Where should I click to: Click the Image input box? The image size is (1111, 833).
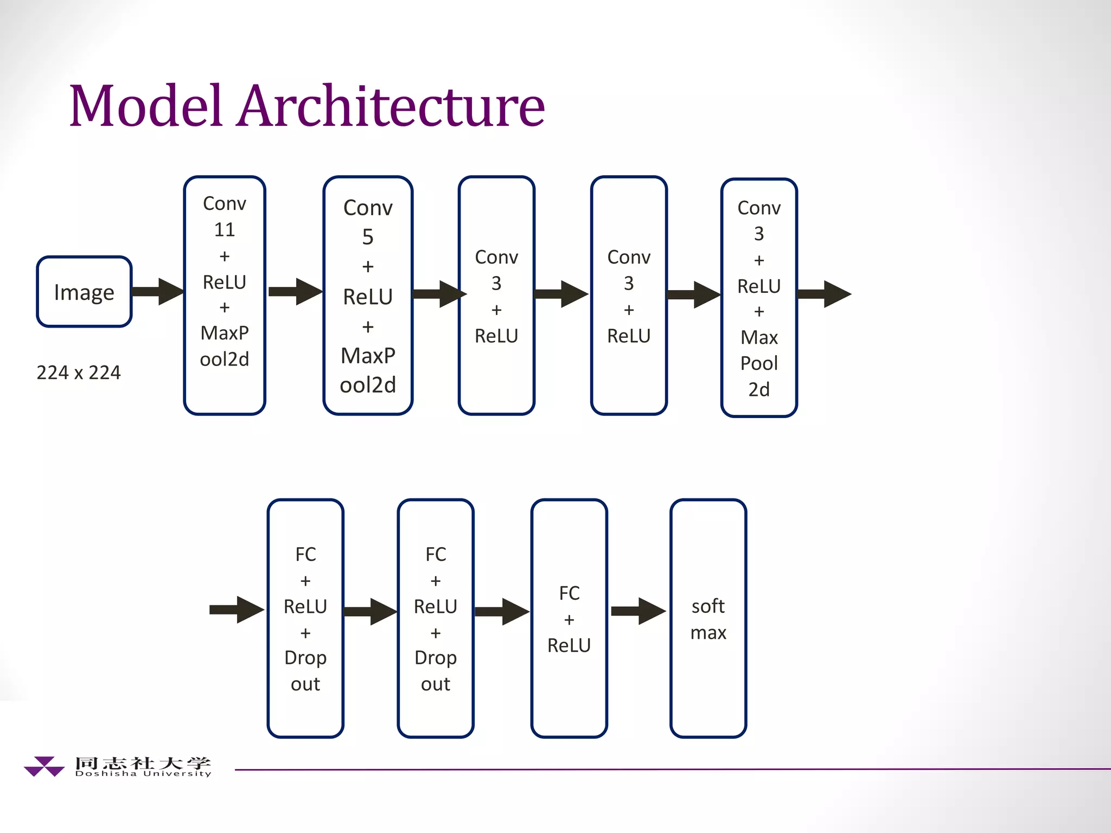tap(84, 292)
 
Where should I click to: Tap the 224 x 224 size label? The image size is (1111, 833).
tap(79, 373)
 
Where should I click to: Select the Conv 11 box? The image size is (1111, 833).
tap(225, 296)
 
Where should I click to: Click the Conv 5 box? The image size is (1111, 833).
tap(368, 296)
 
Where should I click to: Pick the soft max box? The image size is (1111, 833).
tap(708, 618)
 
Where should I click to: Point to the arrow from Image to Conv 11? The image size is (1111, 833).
tap(157, 292)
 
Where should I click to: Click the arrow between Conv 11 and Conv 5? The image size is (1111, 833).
tap(295, 292)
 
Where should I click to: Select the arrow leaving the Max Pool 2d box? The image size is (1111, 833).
tap(823, 294)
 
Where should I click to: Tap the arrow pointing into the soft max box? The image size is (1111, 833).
tap(638, 611)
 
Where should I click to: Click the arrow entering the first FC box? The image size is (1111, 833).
tap(237, 610)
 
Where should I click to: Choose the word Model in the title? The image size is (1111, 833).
tap(145, 106)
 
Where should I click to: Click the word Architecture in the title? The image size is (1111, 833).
tap(391, 106)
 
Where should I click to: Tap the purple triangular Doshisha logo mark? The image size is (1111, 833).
tap(44, 766)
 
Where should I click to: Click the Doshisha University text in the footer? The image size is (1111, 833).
tap(143, 774)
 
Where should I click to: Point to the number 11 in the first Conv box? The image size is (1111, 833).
tap(225, 230)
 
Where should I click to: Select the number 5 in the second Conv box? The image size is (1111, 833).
tap(368, 237)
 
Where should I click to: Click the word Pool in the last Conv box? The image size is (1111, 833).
tap(759, 363)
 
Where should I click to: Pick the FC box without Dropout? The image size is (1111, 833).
tap(569, 618)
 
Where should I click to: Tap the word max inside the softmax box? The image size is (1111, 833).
tap(708, 633)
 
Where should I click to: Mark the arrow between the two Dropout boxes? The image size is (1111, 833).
tap(370, 611)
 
